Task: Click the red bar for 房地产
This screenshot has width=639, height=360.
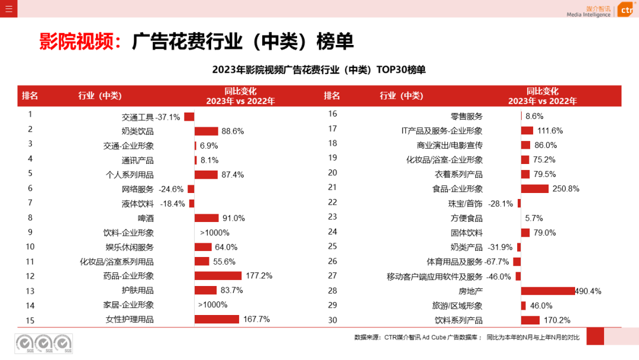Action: [x=548, y=291]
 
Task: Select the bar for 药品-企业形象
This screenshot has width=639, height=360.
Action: [x=218, y=275]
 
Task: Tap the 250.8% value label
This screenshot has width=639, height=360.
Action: [x=566, y=189]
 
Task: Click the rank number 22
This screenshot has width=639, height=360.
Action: [x=333, y=202]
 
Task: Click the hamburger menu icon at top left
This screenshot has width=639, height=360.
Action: [x=8, y=8]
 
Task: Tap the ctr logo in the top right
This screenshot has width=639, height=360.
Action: [x=626, y=10]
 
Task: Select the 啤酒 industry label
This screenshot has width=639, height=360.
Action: [x=146, y=218]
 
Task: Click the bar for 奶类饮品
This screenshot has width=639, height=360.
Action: [x=206, y=131]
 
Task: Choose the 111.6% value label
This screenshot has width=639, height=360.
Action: [x=550, y=131]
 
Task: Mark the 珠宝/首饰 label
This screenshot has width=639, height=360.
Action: [x=465, y=204]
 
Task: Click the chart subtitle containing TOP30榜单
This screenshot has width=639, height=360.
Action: [x=319, y=70]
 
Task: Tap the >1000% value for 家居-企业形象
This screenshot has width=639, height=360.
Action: [x=213, y=305]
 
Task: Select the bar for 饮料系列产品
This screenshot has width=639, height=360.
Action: [x=530, y=320]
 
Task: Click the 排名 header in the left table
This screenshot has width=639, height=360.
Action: [x=30, y=96]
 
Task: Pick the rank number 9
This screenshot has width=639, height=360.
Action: [x=30, y=232]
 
